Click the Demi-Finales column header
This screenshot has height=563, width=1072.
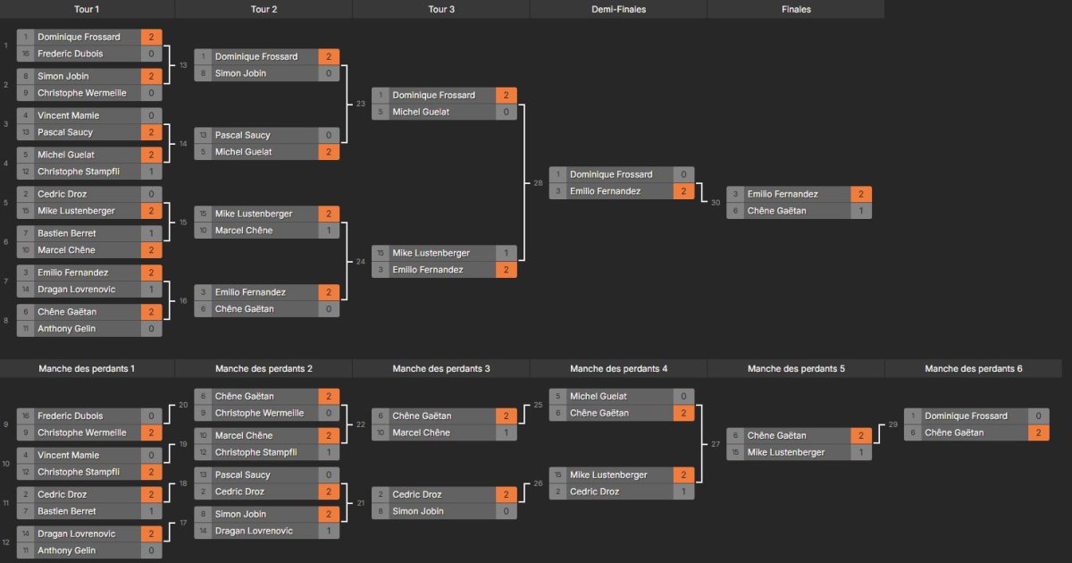coord(618,9)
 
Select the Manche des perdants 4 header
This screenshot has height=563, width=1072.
coord(618,368)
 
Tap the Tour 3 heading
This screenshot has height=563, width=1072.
coord(441,9)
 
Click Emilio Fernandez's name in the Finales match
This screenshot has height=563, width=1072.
coord(783,194)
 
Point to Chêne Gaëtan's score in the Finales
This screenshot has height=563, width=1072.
coord(861,211)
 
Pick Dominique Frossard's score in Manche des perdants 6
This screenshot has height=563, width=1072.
coord(1038,416)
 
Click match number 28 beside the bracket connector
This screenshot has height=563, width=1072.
coord(538,183)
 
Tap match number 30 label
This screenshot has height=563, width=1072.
coord(716,203)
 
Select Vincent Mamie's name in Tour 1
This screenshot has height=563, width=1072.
coord(69,115)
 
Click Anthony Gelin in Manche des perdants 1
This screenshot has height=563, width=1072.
coord(66,550)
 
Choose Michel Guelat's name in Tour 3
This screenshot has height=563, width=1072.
coord(421,112)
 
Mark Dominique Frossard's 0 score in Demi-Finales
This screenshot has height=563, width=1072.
coord(683,174)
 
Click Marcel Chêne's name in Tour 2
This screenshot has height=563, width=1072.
coord(244,231)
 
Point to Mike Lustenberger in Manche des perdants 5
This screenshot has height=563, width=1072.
coord(786,452)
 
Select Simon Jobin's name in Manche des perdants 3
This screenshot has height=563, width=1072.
coord(418,511)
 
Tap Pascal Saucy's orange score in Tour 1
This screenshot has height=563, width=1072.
coord(151,132)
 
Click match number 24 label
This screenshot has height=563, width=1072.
coord(360,261)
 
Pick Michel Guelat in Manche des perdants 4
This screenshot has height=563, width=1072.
coord(599,396)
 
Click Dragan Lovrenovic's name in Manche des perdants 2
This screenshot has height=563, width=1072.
coord(254,531)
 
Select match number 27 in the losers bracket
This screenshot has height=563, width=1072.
coord(716,444)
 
